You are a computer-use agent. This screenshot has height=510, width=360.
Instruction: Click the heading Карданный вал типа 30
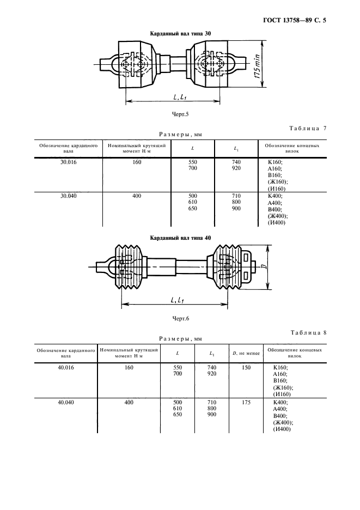(x=180, y=34)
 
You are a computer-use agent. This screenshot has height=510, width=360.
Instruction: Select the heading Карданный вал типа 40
(x=180, y=238)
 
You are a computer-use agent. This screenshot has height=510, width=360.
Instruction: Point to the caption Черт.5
(x=180, y=114)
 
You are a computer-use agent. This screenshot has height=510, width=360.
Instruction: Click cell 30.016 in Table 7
(x=68, y=162)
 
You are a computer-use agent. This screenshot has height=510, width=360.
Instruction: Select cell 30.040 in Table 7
(x=68, y=195)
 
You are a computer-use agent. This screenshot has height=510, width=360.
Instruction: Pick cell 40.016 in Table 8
(x=66, y=368)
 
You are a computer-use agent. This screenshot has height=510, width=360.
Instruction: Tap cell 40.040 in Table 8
(x=66, y=402)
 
